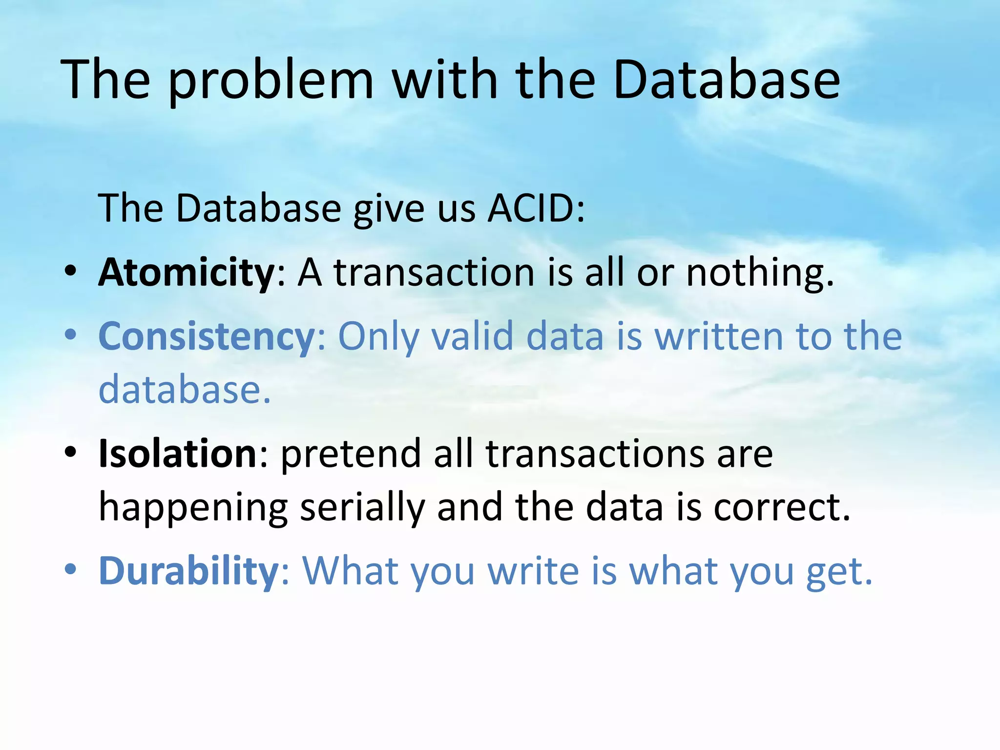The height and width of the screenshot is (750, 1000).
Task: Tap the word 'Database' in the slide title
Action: tap(726, 80)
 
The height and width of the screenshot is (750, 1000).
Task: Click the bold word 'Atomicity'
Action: tap(187, 272)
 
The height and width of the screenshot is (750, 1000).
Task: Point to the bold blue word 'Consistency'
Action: tap(207, 337)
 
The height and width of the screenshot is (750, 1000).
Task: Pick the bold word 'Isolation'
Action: tap(178, 454)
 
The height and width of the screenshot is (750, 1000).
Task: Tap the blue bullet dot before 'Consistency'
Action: tap(71, 335)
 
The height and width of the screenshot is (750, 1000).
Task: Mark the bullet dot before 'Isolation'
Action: tap(71, 453)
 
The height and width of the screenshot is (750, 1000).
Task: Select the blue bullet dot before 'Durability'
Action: tap(71, 569)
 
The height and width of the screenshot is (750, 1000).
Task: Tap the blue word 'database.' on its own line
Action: tap(185, 390)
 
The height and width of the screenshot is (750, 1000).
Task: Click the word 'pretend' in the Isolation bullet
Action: tap(351, 454)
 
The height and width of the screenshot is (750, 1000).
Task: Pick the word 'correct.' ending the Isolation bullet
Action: tap(782, 508)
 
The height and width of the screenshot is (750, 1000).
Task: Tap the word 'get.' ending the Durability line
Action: tap(838, 571)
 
